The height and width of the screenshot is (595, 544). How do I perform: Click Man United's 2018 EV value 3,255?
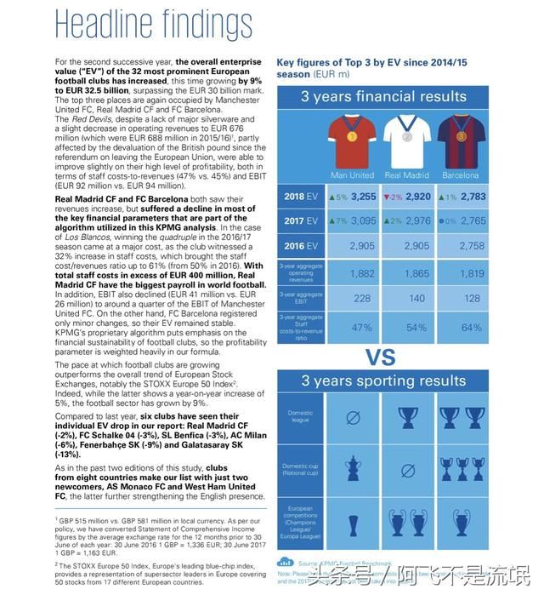tap(362, 197)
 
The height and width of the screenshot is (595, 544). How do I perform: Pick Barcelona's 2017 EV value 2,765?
tap(473, 220)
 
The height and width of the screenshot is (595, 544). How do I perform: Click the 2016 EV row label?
tap(299, 245)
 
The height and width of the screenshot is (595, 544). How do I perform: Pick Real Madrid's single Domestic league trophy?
tap(406, 418)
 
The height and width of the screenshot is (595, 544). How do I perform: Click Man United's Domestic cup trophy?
tap(351, 467)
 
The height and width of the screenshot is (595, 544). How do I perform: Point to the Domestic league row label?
tap(299, 417)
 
